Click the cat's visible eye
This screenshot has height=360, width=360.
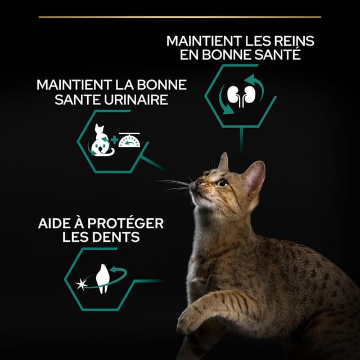223,182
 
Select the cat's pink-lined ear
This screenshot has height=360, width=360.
255,177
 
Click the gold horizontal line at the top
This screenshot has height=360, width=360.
180,17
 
